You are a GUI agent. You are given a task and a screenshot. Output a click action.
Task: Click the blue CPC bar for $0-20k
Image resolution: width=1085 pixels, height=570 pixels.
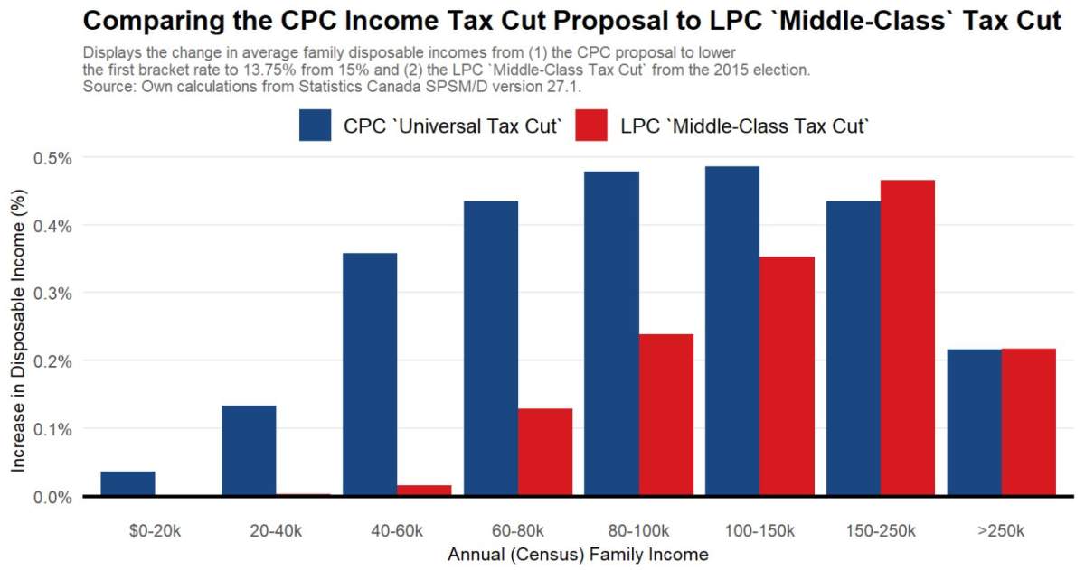pyautogui.click(x=127, y=483)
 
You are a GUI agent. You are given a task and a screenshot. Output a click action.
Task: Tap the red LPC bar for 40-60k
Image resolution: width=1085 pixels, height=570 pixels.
pyautogui.click(x=424, y=491)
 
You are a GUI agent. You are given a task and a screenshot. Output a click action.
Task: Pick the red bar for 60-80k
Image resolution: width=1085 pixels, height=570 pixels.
pyautogui.click(x=545, y=452)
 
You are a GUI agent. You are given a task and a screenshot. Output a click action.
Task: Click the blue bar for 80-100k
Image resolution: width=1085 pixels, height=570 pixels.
pyautogui.click(x=612, y=333)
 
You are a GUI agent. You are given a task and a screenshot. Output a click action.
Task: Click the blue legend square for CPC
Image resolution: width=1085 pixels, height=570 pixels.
pyautogui.click(x=316, y=126)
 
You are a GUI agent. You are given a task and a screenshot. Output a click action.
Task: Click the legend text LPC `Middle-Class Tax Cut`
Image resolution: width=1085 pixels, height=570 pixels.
pyautogui.click(x=745, y=126)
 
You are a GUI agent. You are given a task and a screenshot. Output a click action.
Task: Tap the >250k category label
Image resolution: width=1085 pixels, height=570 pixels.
pyautogui.click(x=1001, y=530)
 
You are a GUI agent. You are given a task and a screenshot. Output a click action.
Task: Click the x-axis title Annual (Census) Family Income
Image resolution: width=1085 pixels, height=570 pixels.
pyautogui.click(x=578, y=554)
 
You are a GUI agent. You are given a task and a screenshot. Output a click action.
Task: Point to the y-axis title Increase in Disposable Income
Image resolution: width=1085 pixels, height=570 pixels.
pyautogui.click(x=19, y=326)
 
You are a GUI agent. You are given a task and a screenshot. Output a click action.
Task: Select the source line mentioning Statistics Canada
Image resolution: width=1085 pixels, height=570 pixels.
pyautogui.click(x=331, y=87)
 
